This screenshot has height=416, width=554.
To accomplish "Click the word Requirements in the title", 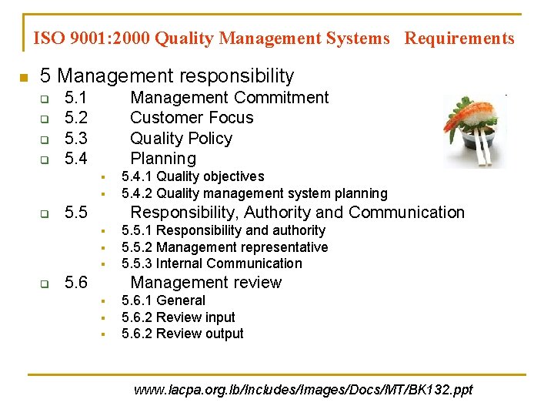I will click(459, 38).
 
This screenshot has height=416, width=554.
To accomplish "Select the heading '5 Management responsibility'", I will click(167, 75).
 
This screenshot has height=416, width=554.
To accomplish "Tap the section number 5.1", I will click(76, 98).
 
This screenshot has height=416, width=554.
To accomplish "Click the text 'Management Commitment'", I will click(229, 98).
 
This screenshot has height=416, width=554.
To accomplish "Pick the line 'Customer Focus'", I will click(192, 118).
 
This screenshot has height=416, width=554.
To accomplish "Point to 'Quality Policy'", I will click(181, 139).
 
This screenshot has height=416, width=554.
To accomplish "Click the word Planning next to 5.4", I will click(163, 159).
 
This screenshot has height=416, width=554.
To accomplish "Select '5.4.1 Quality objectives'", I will click(192, 177).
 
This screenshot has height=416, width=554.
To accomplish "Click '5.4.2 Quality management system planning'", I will click(254, 193).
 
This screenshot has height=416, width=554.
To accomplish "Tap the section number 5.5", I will click(76, 213).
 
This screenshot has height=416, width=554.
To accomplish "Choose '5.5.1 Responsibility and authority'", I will click(223, 230).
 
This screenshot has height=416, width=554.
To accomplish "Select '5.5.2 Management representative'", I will click(225, 247).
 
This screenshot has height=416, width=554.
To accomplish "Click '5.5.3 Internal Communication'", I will click(212, 263).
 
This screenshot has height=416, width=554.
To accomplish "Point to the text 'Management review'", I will click(206, 283).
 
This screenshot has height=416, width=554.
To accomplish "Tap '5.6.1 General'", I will click(163, 300).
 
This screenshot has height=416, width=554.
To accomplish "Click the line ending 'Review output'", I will click(182, 334).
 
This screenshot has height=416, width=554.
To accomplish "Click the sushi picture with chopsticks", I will click(474, 129).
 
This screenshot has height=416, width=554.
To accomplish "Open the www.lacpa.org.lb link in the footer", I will click(303, 390).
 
